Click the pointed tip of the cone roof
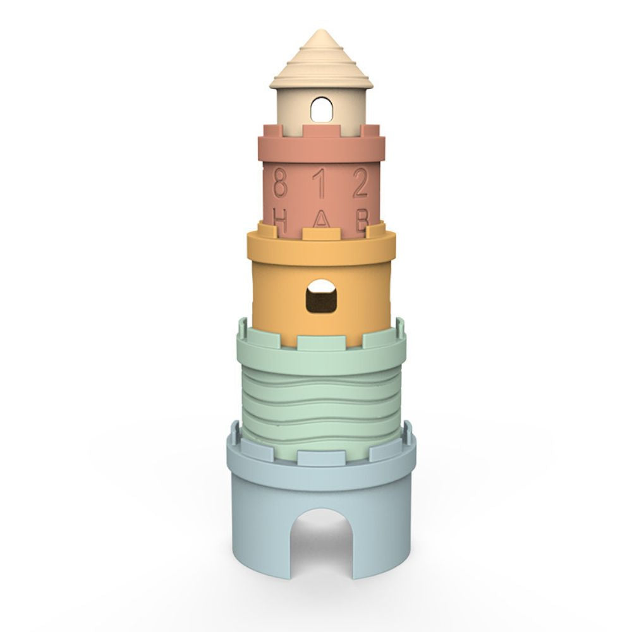(x=321, y=32)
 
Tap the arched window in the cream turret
(x=321, y=111)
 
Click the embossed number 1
(x=322, y=185)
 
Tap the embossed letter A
(x=322, y=221)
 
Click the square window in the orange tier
(x=321, y=296)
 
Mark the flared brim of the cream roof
(x=321, y=81)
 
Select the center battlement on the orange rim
(x=321, y=233)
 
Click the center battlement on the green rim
(x=321, y=342)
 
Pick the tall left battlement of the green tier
(x=243, y=332)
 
